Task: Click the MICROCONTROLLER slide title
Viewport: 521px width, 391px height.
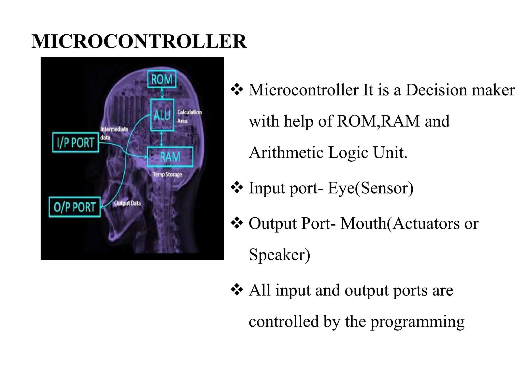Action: [139, 41]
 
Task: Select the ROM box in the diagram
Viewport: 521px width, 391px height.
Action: [162, 79]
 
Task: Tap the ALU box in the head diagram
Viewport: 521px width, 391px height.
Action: [162, 115]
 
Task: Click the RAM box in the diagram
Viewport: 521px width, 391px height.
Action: [170, 157]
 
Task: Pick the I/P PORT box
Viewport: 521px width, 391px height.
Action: [76, 142]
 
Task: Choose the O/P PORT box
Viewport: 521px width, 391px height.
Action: [75, 207]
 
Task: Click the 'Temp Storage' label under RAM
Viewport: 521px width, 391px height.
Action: [167, 175]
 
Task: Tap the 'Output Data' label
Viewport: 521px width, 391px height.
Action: [127, 203]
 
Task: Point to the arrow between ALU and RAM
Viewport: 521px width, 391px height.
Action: [162, 139]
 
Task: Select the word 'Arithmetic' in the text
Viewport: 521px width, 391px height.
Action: [286, 153]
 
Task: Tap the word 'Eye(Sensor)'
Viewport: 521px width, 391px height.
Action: [370, 188]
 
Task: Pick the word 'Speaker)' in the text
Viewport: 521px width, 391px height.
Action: [279, 255]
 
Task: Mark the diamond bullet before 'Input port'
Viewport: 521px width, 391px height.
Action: [237, 188]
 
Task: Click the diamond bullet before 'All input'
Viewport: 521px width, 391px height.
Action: [237, 290]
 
